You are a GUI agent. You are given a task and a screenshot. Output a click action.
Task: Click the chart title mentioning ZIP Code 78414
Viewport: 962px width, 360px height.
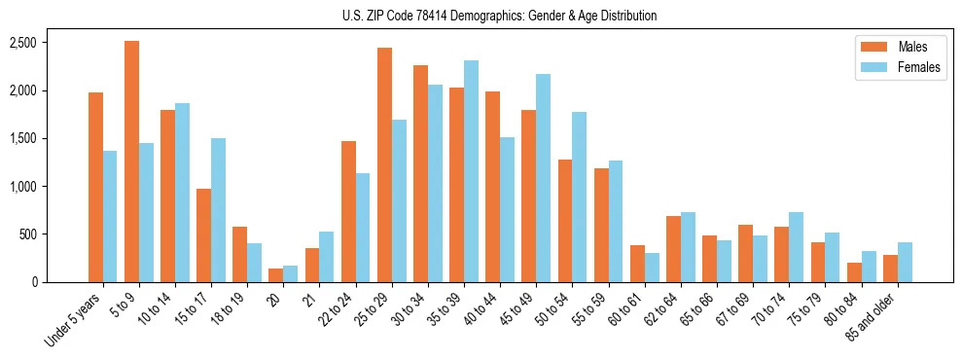[500, 16]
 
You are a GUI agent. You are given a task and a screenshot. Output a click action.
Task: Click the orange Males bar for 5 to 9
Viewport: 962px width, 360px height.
[131, 162]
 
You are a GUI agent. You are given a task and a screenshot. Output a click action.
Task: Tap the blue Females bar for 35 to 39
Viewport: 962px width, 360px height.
[471, 171]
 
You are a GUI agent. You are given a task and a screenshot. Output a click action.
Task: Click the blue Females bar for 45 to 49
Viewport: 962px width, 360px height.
[543, 178]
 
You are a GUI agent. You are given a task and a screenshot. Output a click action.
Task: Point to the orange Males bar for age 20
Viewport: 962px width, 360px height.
[275, 275]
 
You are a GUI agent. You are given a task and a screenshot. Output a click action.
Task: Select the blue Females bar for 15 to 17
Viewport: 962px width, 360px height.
[218, 210]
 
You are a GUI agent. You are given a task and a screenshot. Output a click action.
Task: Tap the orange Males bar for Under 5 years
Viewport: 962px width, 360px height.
[95, 187]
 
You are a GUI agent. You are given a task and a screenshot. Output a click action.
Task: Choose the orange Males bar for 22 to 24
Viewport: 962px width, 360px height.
[348, 211]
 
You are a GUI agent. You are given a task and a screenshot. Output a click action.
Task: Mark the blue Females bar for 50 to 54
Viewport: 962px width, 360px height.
[579, 198]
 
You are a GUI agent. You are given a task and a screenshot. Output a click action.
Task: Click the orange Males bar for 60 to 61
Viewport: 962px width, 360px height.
[637, 264]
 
